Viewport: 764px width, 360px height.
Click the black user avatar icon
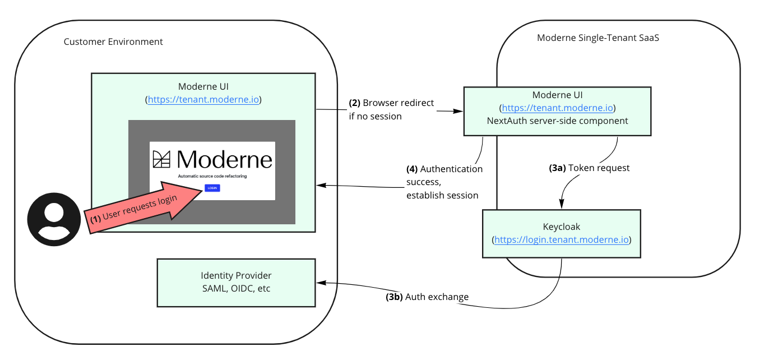point(54,219)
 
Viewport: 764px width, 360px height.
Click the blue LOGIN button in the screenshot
point(212,188)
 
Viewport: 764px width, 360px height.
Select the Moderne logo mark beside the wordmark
point(161,159)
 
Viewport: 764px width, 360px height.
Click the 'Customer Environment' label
point(113,41)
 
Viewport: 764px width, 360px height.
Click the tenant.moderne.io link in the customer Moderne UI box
point(203,100)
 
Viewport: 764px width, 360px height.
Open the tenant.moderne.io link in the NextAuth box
point(557,108)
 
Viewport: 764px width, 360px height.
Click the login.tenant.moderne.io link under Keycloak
point(561,239)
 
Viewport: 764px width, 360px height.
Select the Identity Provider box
point(236,283)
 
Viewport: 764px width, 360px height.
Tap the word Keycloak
point(561,227)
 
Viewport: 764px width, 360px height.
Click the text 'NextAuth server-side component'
point(557,121)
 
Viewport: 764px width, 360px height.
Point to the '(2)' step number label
point(354,103)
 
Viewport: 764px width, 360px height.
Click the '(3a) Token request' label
point(589,168)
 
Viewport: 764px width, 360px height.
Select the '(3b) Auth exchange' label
point(427,297)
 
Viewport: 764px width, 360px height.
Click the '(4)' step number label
point(412,169)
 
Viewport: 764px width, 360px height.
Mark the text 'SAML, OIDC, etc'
point(236,289)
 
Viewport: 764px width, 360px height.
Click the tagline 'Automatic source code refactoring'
point(212,176)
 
